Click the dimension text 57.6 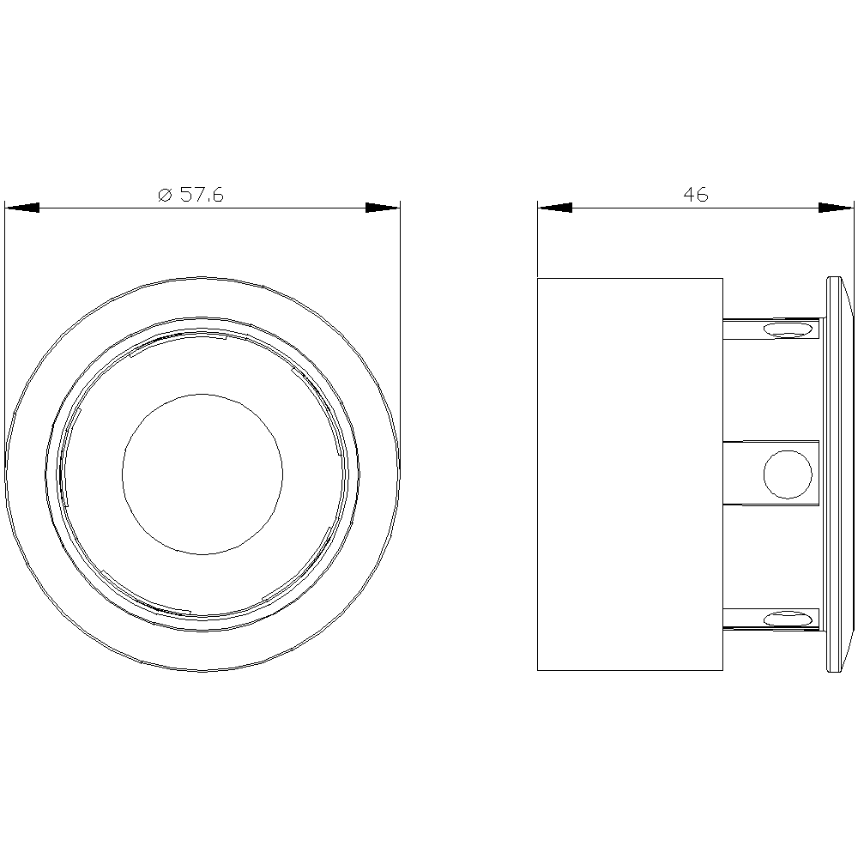pos(202,194)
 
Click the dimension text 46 pos(696,194)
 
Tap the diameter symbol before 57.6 pos(166,195)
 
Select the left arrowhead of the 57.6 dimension pos(22,208)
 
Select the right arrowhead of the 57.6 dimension pos(383,208)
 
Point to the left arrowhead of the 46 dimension pos(555,208)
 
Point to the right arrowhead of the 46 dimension pos(836,208)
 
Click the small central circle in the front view pos(202,474)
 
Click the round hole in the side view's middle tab pos(788,474)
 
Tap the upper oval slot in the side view pos(788,329)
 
